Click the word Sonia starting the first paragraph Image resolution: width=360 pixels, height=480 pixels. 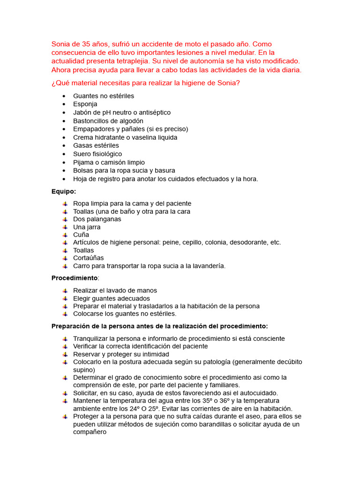pos(60,44)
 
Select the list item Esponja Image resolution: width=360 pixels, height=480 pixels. pos(85,104)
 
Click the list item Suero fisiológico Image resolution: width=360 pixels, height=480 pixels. pos(97,154)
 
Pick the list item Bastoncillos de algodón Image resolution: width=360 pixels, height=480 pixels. pos(108,121)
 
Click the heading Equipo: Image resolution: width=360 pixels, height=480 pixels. pos(64,191)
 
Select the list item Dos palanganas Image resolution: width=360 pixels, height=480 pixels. pos(97,219)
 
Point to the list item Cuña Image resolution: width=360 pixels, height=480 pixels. pos(81,234)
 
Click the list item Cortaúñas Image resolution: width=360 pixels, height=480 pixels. pos(89,258)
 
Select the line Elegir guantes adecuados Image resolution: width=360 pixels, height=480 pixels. pos(112,298)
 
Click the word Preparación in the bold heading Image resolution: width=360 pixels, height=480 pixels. pos(70,326)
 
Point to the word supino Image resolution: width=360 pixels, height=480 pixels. pos(84,369)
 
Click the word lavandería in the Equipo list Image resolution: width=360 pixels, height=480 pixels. pos(206,266)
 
